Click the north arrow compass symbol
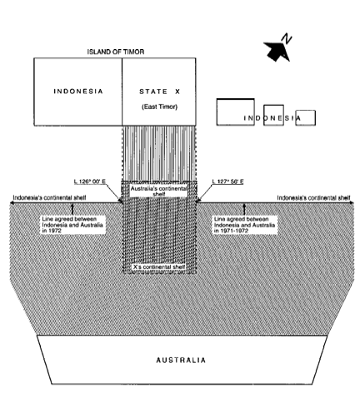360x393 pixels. coord(276,51)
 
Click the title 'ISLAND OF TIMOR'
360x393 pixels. coord(116,52)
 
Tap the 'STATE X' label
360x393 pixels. coord(160,92)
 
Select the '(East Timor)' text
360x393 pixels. coord(159,107)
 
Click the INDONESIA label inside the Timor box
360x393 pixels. coord(78,92)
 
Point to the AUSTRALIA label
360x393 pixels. coord(181,361)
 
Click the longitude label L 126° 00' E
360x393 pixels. coord(90,182)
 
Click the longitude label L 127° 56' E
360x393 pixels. coord(228,182)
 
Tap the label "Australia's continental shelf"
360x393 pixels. coord(159,192)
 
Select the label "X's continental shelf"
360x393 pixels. coord(159,266)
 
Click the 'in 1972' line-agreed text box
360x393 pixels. coord(72,225)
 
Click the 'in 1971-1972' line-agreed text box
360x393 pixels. coord(245,225)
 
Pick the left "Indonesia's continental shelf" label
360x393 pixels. coord(49,197)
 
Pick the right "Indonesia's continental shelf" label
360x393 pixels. coord(313,197)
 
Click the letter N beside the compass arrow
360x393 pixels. coord(287,38)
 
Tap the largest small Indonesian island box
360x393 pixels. coord(236,112)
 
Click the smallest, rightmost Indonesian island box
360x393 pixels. coord(305,117)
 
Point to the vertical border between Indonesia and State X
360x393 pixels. coord(122,92)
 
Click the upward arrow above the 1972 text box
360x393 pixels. coord(72,209)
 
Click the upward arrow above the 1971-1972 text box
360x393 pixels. coord(244,209)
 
